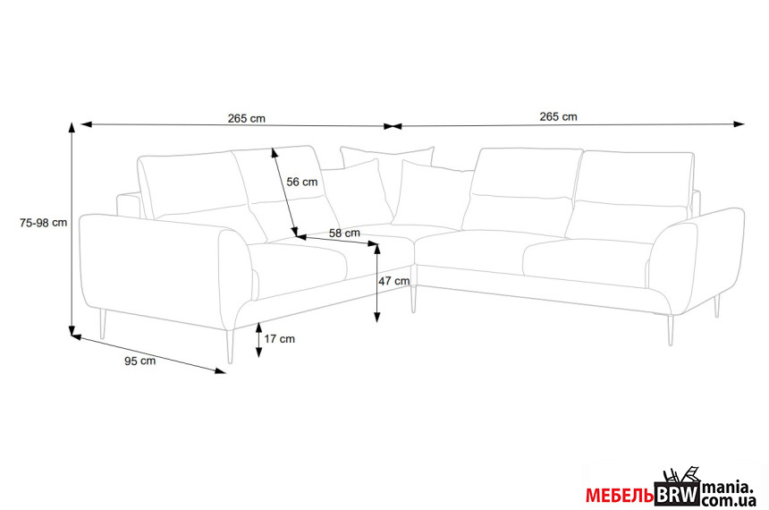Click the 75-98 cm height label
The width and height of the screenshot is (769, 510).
pyautogui.click(x=43, y=223)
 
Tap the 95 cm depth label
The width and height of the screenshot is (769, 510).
pyautogui.click(x=139, y=361)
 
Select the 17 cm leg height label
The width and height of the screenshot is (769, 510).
pyautogui.click(x=280, y=339)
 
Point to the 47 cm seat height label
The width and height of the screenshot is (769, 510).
pyautogui.click(x=393, y=281)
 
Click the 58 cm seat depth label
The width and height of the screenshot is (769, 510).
pyautogui.click(x=344, y=233)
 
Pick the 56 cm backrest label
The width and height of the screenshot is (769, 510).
pyautogui.click(x=302, y=182)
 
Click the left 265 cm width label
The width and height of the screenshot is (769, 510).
pyautogui.click(x=246, y=118)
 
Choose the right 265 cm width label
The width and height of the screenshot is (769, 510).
pyautogui.click(x=559, y=116)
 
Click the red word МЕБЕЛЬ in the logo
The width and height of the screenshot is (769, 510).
pyautogui.click(x=620, y=496)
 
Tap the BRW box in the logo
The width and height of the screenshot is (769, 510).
pyautogui.click(x=678, y=495)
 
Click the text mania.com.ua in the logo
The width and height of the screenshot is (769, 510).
pyautogui.click(x=729, y=494)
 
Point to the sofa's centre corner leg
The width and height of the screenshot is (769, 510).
pyautogui.click(x=413, y=299)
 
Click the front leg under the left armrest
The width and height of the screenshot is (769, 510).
pyautogui.click(x=230, y=345)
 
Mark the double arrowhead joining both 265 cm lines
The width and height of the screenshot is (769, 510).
pyautogui.click(x=393, y=126)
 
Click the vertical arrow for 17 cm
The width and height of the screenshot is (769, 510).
pyautogui.click(x=258, y=340)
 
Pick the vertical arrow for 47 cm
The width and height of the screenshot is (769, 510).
pyautogui.click(x=376, y=283)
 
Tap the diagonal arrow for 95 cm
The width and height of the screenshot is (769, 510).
pyautogui.click(x=148, y=353)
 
